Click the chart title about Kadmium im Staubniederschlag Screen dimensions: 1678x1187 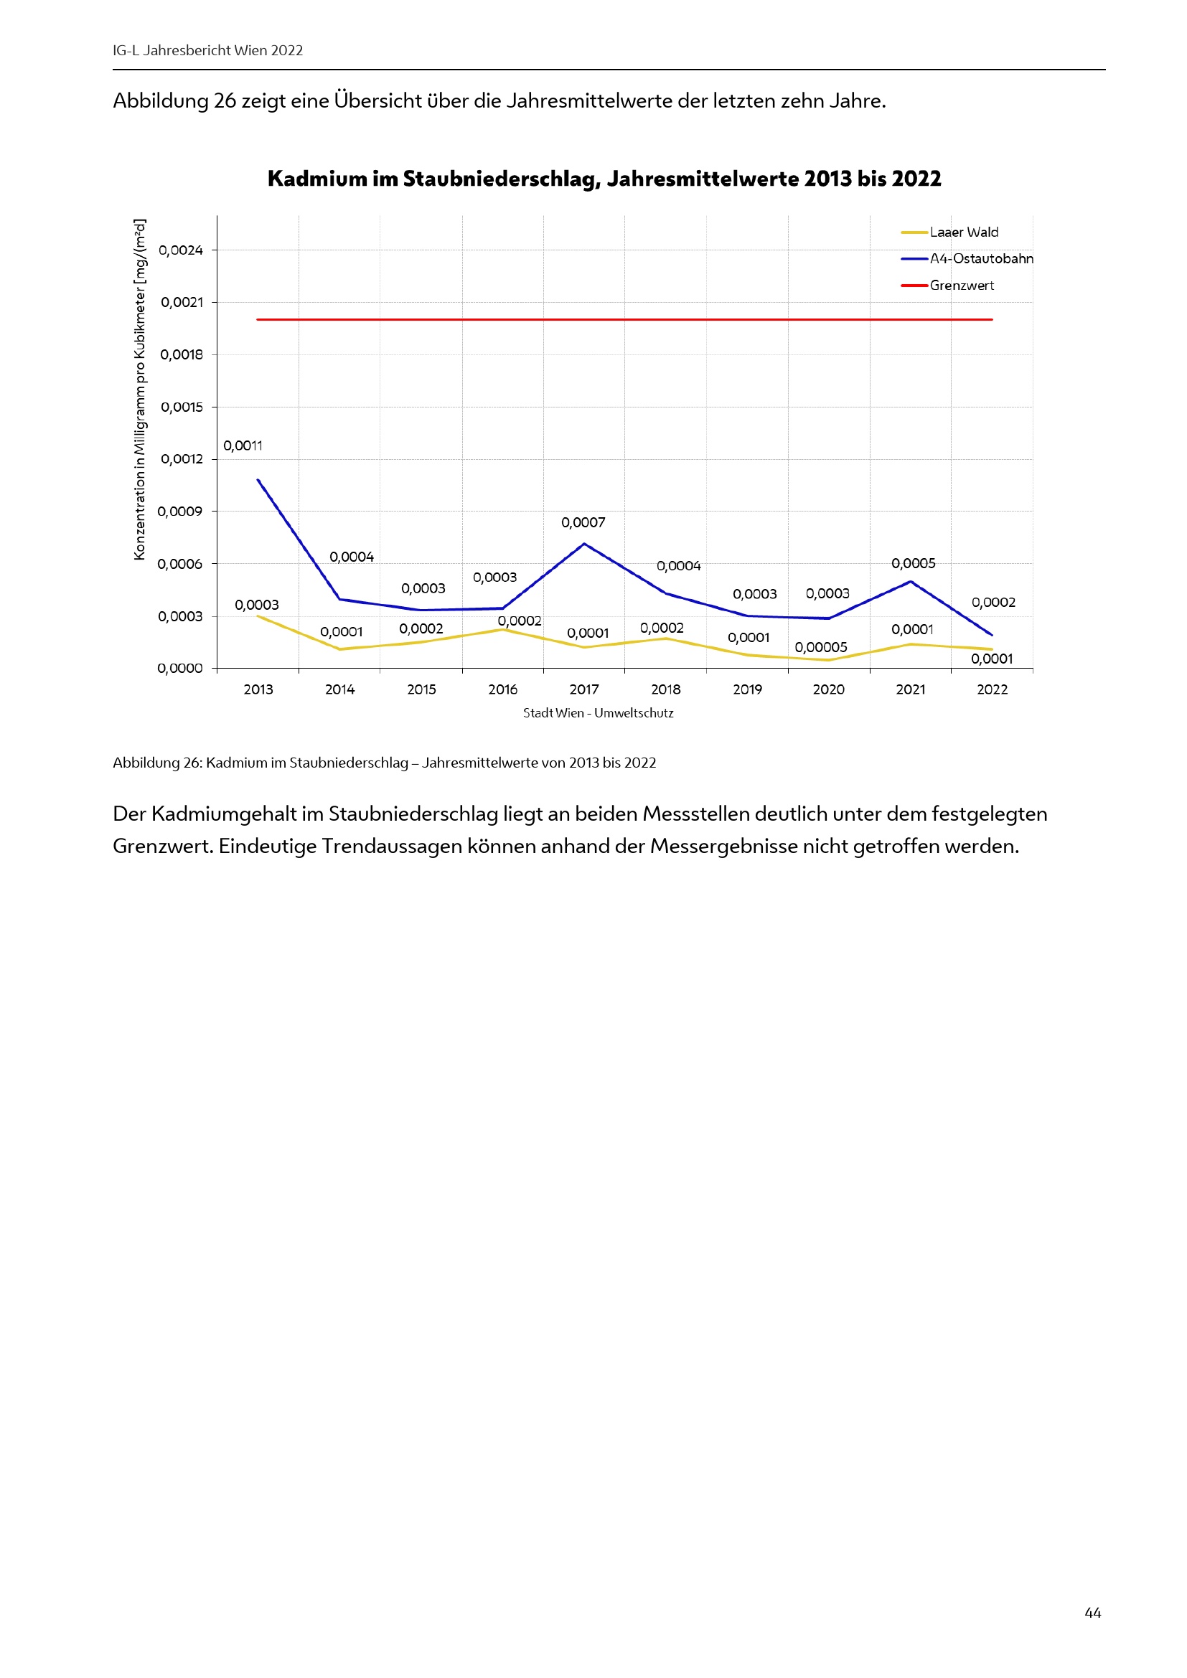(x=604, y=179)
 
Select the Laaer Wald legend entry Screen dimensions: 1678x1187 (x=963, y=232)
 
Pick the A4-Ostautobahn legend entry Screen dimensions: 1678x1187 (x=981, y=259)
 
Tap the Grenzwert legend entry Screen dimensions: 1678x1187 (x=961, y=286)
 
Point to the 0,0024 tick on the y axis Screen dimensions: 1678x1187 (x=181, y=250)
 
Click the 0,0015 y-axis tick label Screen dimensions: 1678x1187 (x=182, y=407)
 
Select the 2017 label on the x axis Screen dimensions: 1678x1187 (x=584, y=689)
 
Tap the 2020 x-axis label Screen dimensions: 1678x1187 (x=828, y=689)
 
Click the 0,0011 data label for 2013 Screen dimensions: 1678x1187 (x=243, y=446)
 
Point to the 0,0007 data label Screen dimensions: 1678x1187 (x=583, y=522)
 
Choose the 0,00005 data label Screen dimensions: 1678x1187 (x=821, y=648)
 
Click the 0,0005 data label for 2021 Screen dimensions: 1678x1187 (x=913, y=563)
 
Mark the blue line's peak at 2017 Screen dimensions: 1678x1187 (x=584, y=544)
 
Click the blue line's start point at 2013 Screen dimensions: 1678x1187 (x=258, y=479)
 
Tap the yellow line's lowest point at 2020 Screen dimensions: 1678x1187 (x=829, y=660)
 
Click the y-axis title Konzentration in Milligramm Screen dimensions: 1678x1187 (x=140, y=390)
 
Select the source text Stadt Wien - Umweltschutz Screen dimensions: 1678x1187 (x=598, y=713)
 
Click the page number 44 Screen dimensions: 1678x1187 (x=1093, y=1612)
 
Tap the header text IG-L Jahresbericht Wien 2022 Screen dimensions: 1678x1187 (x=207, y=50)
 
